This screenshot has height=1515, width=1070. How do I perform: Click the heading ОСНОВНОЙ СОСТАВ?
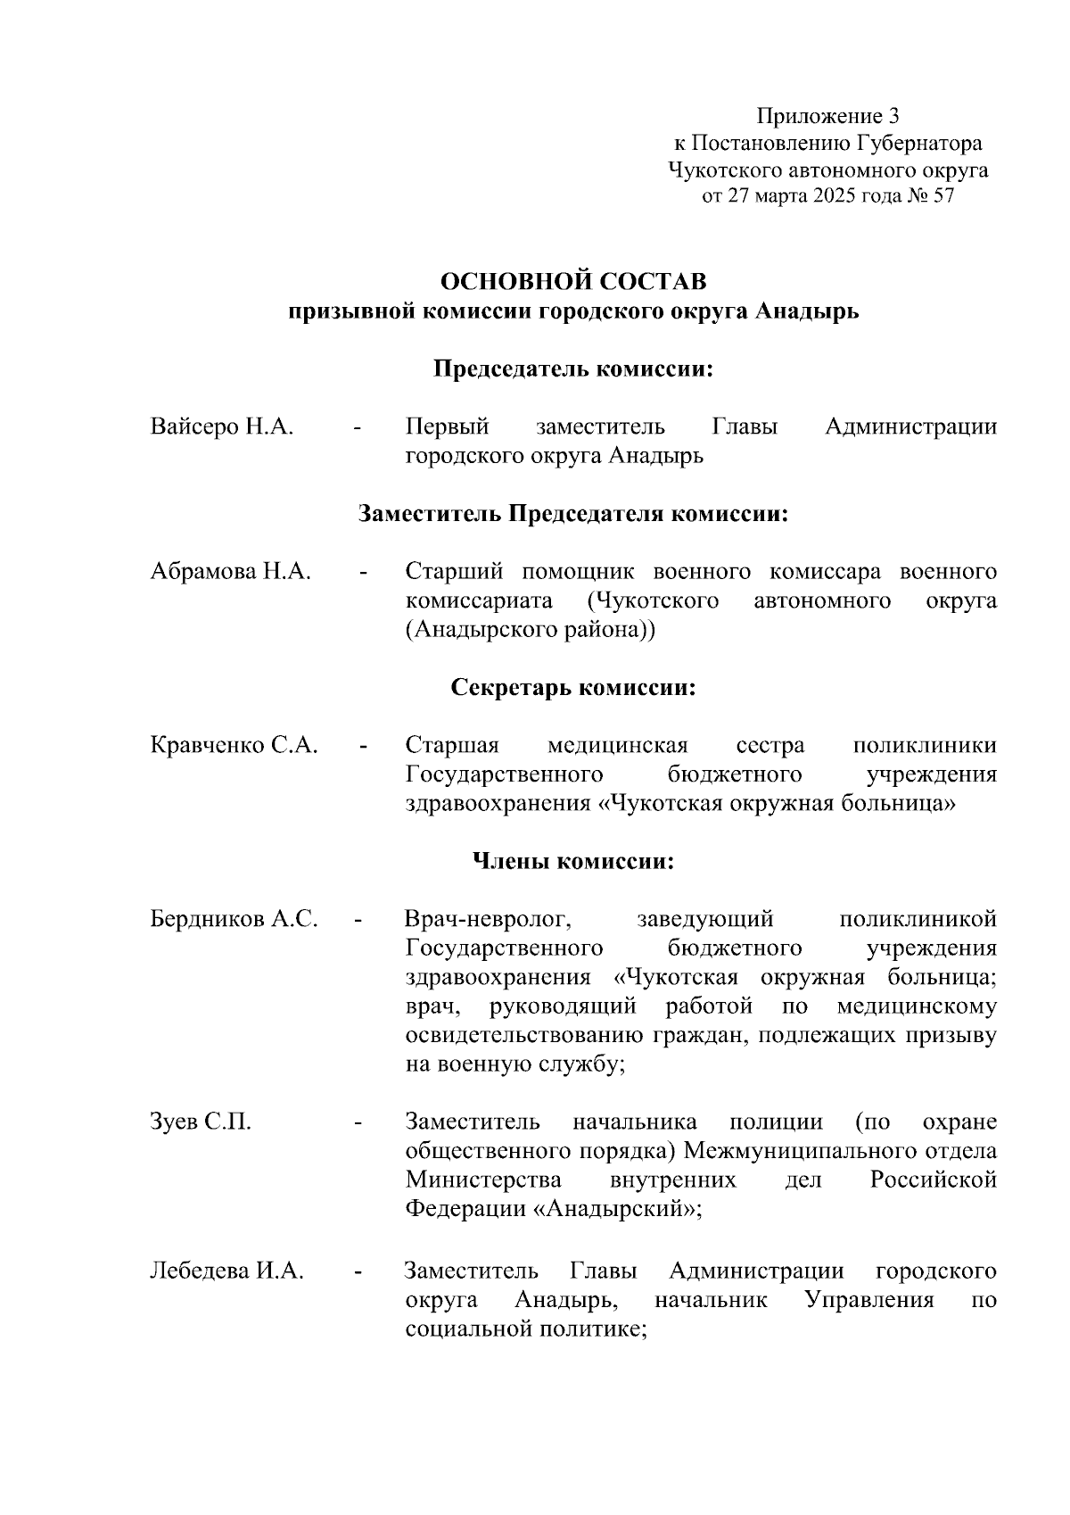point(574,282)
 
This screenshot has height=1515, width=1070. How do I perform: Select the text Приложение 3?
point(828,116)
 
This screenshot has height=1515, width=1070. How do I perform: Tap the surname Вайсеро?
point(195,426)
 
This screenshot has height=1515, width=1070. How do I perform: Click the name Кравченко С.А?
point(234,745)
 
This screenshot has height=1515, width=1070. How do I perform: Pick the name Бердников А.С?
point(234,919)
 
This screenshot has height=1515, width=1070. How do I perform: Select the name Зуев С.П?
point(201,1122)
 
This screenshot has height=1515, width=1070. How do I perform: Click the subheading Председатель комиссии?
point(574,369)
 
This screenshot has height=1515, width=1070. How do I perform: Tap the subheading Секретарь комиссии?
point(574,688)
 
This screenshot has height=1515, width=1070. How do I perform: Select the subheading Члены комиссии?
point(572,862)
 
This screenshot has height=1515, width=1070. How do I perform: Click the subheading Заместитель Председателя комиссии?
point(574,514)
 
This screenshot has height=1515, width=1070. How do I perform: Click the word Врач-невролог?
point(488,919)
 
